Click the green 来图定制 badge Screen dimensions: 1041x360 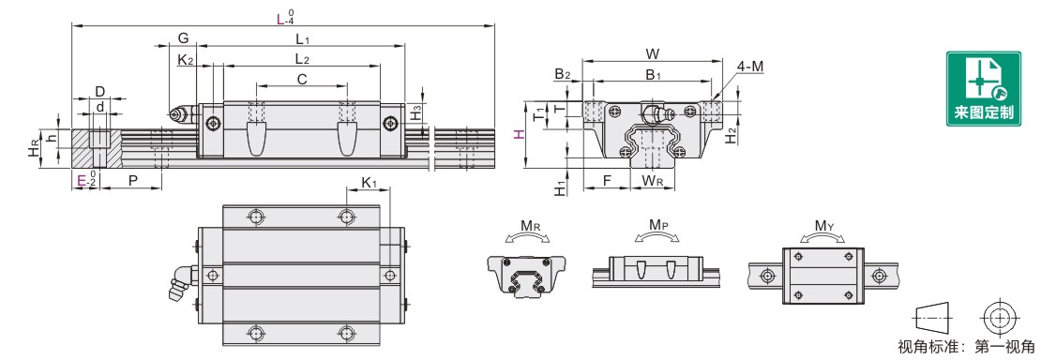(983, 88)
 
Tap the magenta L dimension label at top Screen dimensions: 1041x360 (280, 19)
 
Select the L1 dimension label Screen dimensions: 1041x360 (304, 39)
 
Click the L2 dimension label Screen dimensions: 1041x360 (302, 59)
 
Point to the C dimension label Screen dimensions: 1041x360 (301, 80)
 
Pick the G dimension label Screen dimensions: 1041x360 (183, 38)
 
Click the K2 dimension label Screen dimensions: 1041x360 (186, 60)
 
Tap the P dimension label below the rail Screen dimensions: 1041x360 (133, 180)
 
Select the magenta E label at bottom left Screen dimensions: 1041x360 (81, 180)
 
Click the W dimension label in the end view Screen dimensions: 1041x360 (652, 53)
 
